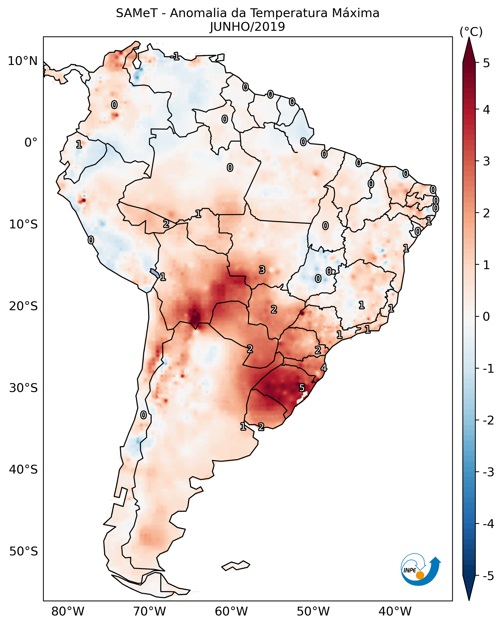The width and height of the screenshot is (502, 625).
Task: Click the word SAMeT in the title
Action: point(137,13)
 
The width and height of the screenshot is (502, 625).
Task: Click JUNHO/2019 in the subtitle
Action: point(247,27)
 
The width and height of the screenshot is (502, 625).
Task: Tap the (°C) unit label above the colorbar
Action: point(471,32)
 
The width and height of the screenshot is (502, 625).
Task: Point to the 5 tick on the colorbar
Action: point(486,63)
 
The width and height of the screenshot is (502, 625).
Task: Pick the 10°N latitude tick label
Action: point(23,61)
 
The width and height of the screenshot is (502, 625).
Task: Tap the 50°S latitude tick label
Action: point(23,551)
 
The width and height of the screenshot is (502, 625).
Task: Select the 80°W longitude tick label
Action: point(67,612)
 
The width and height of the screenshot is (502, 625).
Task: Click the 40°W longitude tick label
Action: point(395,612)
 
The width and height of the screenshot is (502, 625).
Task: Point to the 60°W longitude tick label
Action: point(231,612)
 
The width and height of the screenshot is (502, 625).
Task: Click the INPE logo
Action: point(421,572)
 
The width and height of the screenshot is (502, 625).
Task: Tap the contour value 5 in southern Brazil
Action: point(302,388)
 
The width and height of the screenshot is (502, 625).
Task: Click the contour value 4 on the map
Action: point(324,368)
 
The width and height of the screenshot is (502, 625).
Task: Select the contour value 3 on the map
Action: point(262,270)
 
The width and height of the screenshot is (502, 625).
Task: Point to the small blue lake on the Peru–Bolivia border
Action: point(154,273)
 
